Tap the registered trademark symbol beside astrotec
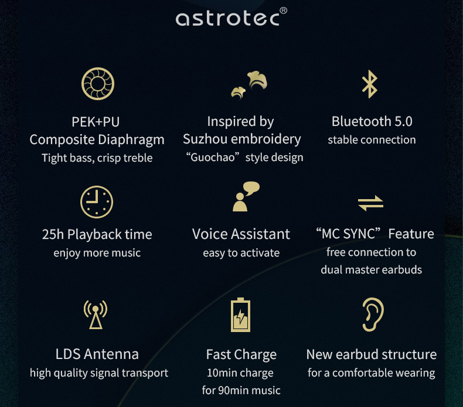(x=283, y=11)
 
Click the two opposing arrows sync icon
(x=370, y=203)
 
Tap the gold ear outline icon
(x=373, y=315)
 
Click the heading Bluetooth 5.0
(x=372, y=121)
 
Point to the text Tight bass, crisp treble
(x=97, y=158)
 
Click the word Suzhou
(x=206, y=139)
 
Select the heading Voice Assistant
(x=241, y=234)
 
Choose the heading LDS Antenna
(x=97, y=354)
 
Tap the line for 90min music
(x=241, y=390)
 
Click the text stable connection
(x=372, y=140)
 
